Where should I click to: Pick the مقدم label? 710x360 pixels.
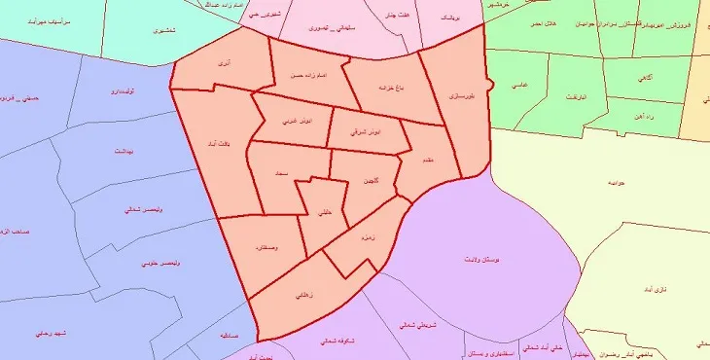[426, 161]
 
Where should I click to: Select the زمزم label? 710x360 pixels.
[369, 237]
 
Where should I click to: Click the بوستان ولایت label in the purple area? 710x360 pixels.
[482, 262]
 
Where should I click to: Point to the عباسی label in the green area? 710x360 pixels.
[520, 86]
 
